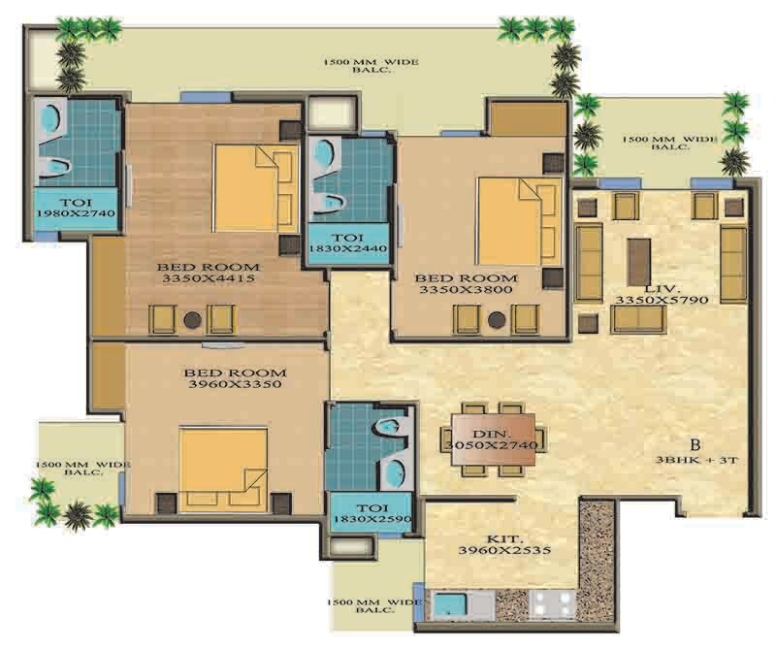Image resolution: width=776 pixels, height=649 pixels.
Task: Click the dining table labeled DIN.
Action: (492, 439)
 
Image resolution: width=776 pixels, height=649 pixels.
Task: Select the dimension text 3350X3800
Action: (455, 289)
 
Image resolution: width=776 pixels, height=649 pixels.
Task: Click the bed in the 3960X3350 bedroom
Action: (223, 469)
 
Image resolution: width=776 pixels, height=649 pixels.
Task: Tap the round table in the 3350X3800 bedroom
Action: (499, 318)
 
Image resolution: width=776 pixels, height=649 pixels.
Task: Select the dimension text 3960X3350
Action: (236, 385)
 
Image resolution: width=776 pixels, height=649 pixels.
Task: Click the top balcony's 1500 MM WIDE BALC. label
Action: (372, 67)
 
